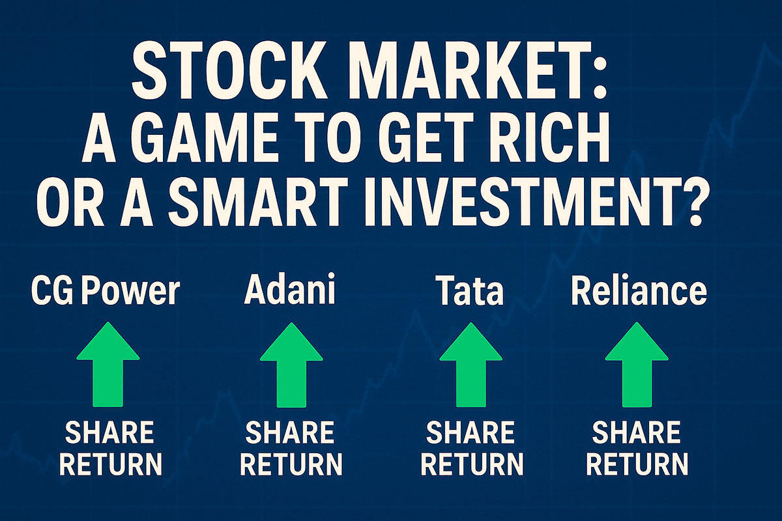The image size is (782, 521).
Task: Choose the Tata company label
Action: coord(471,291)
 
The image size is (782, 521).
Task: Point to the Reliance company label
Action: coord(638,291)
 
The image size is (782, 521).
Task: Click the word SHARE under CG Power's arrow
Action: coord(109,432)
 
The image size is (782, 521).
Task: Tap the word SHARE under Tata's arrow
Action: coord(471,432)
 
